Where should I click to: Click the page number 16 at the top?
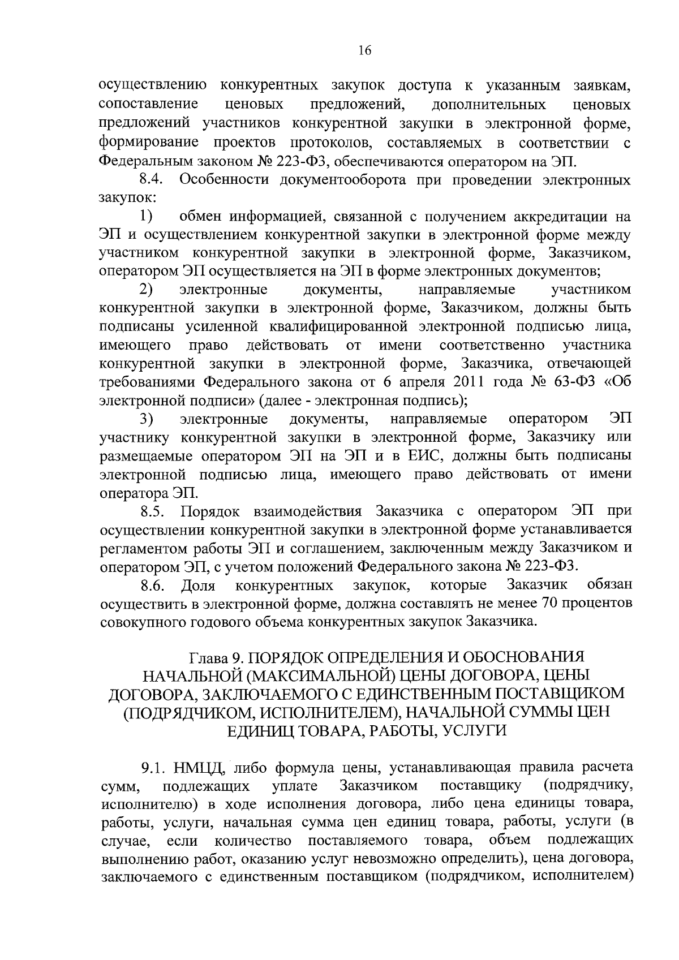tap(364, 51)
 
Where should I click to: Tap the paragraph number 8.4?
tap(152, 180)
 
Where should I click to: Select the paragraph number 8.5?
tap(152, 513)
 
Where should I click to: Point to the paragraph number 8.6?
tap(152, 585)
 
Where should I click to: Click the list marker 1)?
tap(147, 217)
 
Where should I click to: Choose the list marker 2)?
tap(147, 290)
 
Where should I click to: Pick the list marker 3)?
tap(147, 420)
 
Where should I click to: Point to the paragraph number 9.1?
tap(153, 768)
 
